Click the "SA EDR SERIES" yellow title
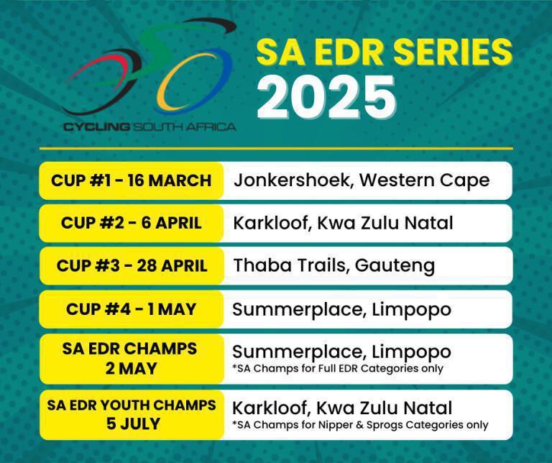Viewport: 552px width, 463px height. coord(384,52)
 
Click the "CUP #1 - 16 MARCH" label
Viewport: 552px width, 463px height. coord(131,180)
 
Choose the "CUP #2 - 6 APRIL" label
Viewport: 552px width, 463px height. coord(131,223)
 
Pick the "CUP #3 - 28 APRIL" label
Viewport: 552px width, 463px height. coord(131,265)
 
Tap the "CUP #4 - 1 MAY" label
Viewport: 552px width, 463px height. coord(131,309)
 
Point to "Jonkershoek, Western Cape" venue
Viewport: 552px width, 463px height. coord(361,180)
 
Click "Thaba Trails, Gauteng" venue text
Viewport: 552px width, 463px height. coord(333,265)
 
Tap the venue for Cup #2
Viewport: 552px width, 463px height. coord(343,223)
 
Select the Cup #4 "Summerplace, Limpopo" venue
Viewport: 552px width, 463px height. coord(341,309)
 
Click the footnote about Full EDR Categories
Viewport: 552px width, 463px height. coord(338,369)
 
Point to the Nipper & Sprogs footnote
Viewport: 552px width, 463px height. coord(360,425)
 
